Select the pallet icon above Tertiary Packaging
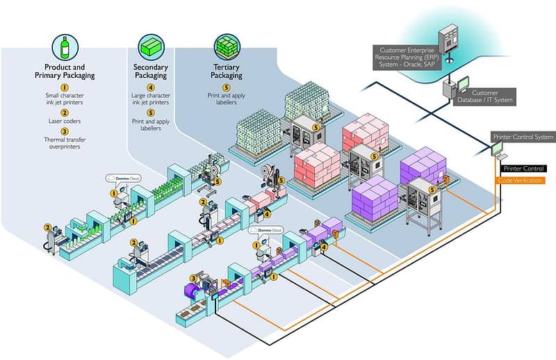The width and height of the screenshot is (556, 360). [x=227, y=46]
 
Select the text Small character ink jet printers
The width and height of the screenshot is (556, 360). [x=65, y=99]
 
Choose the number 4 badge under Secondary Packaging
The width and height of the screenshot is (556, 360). [x=151, y=87]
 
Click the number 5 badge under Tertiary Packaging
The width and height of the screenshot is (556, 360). [x=227, y=87]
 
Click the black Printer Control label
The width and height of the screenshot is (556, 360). [x=523, y=169]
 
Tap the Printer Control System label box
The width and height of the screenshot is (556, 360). [x=523, y=137]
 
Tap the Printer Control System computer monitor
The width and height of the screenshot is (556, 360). [x=500, y=147]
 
